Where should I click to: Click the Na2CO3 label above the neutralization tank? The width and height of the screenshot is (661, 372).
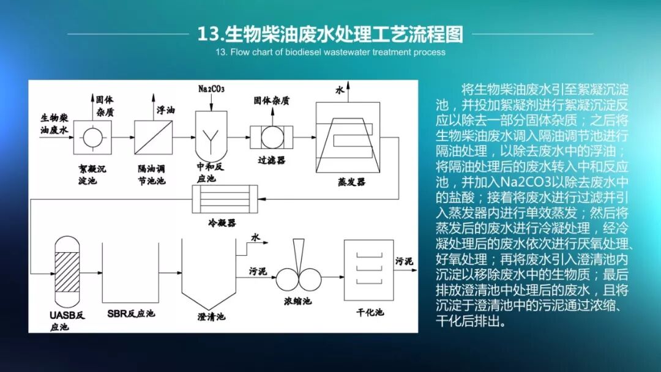point(212,89)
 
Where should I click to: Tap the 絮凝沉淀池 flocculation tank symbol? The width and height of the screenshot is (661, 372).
point(92,137)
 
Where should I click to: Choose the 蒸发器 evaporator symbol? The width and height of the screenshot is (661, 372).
point(346,137)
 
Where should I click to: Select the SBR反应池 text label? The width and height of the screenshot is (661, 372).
point(130,314)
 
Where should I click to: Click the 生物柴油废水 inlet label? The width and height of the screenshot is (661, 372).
point(55,122)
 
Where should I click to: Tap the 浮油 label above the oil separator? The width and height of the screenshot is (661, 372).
point(165,111)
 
